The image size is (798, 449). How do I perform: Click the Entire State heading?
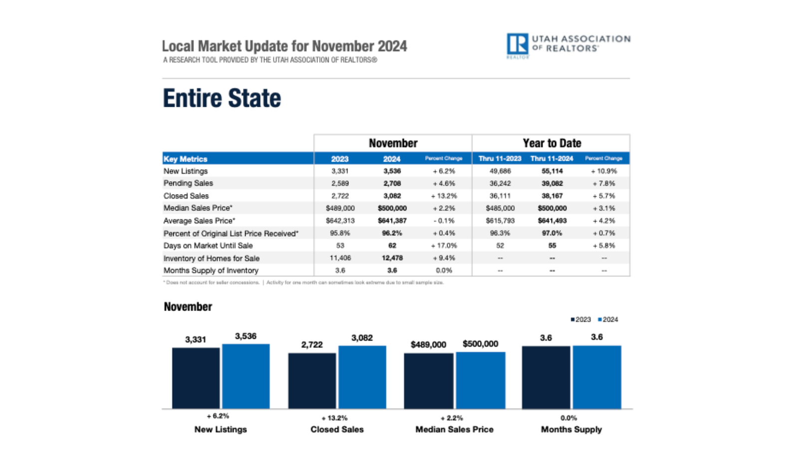point(222,98)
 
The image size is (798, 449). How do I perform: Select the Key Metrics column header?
point(186,159)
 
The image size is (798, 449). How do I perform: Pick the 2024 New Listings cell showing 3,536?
point(392,171)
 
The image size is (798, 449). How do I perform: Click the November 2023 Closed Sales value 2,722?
point(340,196)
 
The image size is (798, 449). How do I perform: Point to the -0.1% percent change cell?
point(443,221)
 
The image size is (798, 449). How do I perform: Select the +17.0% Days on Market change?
point(443,245)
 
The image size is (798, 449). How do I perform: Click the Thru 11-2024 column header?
point(552,159)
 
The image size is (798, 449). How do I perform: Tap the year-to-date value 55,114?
point(552,171)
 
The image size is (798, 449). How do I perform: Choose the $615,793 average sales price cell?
point(500,221)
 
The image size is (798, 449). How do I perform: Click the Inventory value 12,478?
point(392,258)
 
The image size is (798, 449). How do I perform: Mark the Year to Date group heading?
point(552,143)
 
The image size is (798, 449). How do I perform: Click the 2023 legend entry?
point(581,320)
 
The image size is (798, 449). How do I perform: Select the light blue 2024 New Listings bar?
point(246,376)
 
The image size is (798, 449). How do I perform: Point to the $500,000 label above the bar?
point(480,344)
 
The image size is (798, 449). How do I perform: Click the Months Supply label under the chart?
point(571,430)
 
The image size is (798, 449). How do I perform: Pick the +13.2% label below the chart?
point(335,418)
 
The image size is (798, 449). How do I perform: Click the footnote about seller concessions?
point(211,282)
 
